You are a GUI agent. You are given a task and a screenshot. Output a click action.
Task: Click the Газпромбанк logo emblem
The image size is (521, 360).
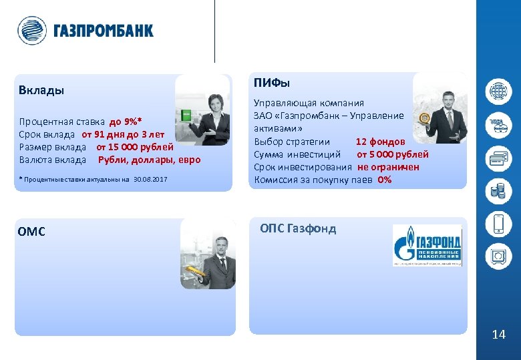(x=31, y=31)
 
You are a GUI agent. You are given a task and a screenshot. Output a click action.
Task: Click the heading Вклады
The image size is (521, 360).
(x=41, y=90)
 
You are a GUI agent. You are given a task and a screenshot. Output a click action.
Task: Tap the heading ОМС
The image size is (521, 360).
(x=32, y=232)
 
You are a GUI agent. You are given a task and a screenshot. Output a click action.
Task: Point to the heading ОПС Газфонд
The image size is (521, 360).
(x=298, y=229)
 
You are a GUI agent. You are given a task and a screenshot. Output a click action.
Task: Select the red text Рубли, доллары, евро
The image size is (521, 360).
(x=149, y=160)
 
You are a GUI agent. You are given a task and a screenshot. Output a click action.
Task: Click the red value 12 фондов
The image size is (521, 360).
(x=379, y=142)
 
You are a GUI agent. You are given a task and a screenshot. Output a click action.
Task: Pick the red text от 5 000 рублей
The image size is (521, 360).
(x=393, y=154)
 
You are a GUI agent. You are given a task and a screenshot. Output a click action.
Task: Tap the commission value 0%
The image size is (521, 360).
(x=385, y=180)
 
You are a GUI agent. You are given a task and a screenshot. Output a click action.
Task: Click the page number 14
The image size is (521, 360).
(x=498, y=335)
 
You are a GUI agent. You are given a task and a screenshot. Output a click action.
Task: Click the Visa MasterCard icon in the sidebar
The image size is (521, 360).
(x=498, y=124)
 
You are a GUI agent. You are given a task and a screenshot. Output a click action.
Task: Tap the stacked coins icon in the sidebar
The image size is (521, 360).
(x=498, y=192)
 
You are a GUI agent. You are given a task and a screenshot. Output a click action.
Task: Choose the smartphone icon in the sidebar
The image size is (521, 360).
(x=498, y=224)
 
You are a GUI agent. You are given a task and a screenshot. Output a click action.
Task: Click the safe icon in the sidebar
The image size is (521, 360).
(x=498, y=257)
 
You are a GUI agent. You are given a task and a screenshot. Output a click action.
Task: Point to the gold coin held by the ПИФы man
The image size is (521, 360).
(x=424, y=119)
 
